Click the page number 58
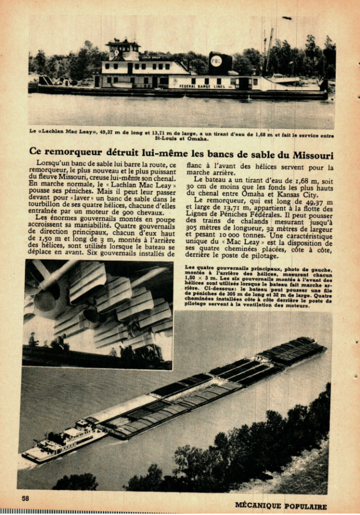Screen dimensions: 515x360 point(25,498)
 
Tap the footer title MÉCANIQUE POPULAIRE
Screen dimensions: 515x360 point(281,506)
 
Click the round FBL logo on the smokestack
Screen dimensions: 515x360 point(216,61)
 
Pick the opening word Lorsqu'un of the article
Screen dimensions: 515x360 point(53,164)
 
